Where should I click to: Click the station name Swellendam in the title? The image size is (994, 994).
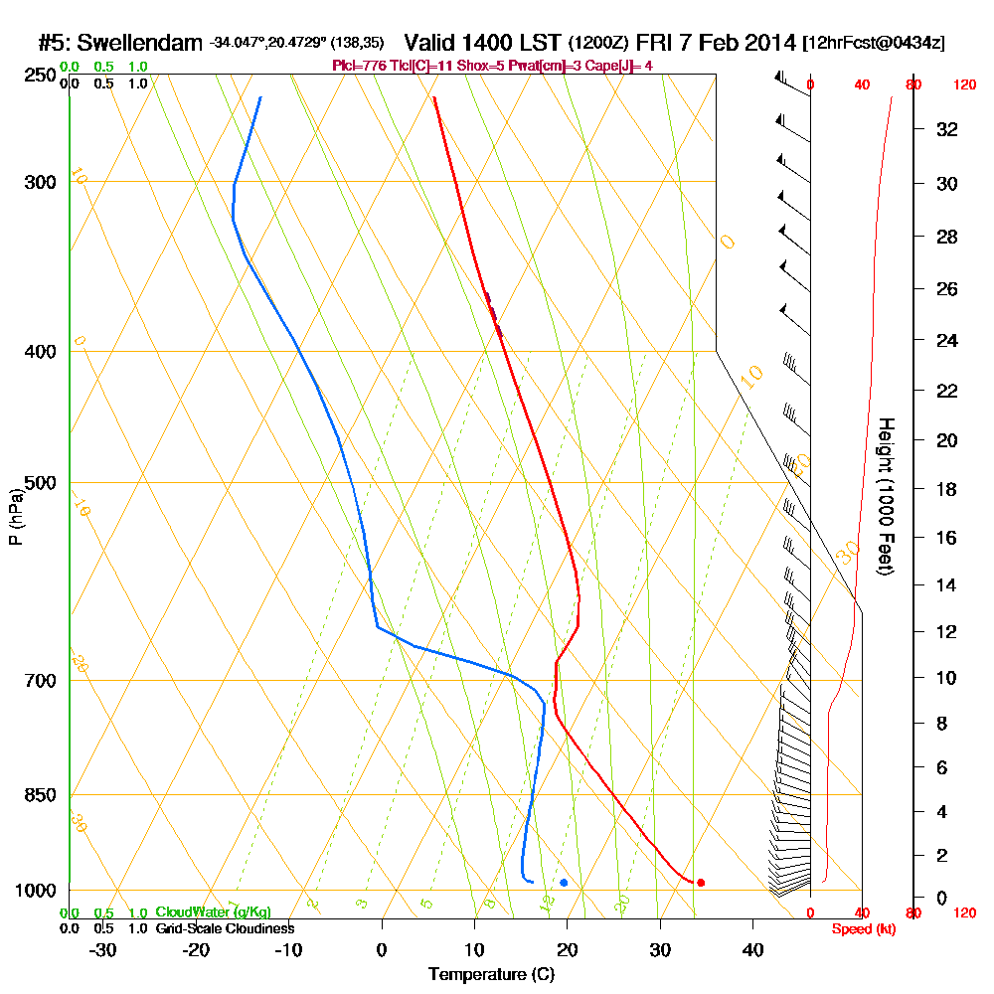point(139,43)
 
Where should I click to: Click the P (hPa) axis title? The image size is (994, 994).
point(16,516)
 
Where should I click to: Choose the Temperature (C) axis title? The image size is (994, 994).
point(491,974)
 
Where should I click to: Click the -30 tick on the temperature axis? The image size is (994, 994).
point(103,950)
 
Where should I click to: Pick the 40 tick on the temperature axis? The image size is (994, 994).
point(752,950)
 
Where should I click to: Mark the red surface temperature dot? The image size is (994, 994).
point(701,883)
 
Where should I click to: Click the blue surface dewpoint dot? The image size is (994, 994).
point(564,883)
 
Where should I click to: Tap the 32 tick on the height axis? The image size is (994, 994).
point(947,129)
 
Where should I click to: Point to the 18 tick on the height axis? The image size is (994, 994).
point(947,489)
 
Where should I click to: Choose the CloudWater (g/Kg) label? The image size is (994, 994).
point(213,912)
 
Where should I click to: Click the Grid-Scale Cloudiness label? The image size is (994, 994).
point(225,928)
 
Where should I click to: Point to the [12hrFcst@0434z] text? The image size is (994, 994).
point(875,43)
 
